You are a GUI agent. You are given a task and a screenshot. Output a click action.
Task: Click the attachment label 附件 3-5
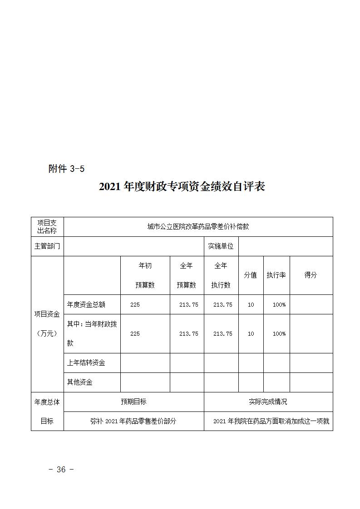(66, 169)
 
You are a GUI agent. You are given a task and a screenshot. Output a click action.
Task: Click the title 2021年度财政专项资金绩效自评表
(182, 187)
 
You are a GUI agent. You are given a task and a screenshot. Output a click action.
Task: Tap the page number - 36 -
(61, 470)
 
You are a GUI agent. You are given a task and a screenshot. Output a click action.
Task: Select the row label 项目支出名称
(47, 226)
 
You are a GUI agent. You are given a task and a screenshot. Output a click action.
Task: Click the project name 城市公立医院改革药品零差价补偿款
(198, 226)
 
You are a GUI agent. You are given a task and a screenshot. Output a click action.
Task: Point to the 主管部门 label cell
(47, 246)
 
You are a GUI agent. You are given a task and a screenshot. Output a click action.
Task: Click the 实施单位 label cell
(221, 246)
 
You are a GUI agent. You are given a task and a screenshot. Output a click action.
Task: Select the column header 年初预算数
(145, 275)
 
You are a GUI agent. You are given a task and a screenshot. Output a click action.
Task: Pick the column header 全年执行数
(221, 275)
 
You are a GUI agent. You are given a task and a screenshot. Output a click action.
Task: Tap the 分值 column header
(251, 275)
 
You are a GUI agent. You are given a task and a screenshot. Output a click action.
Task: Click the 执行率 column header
(276, 275)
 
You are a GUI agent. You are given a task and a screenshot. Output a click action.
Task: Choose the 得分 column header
(311, 275)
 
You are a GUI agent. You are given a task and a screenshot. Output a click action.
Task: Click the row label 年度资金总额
(86, 305)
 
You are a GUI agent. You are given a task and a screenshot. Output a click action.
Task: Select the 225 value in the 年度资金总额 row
(135, 305)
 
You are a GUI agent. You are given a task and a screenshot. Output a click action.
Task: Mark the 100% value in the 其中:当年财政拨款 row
(279, 334)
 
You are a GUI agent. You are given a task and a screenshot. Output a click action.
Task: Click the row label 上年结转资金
(86, 363)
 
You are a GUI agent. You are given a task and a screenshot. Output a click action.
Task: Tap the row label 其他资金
(80, 382)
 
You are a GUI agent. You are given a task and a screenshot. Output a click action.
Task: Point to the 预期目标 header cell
(133, 402)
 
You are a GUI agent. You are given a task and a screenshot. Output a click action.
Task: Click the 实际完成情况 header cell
(268, 402)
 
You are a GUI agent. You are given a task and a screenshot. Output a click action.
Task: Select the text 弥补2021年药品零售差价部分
(133, 421)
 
